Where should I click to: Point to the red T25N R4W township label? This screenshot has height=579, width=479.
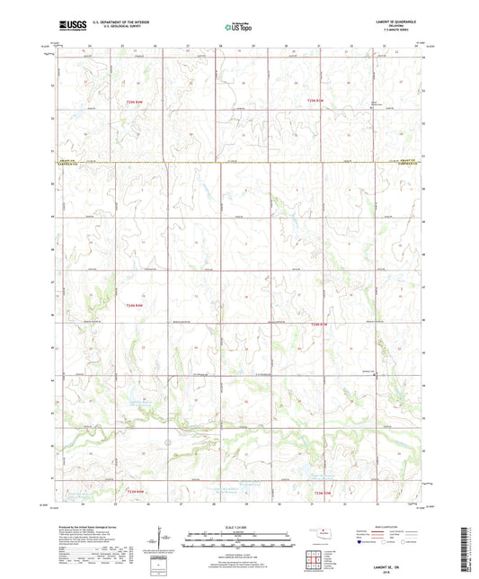click(135, 103)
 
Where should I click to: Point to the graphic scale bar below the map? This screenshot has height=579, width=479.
click(238, 540)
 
